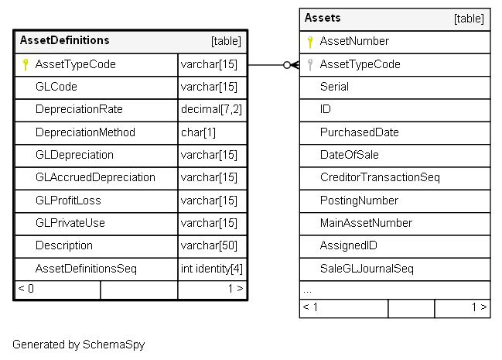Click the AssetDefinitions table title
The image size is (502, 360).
pos(65,40)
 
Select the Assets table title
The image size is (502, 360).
pos(323,18)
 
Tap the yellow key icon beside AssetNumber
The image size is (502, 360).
pos(310,42)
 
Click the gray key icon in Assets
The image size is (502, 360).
pos(310,65)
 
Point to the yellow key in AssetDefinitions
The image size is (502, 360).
pos(26,65)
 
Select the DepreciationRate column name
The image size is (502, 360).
pos(79,109)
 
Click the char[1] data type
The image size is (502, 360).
pos(198,132)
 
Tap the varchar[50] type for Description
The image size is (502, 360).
pos(209,245)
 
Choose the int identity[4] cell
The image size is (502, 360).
pos(212,269)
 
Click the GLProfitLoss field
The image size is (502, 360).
pos(68,201)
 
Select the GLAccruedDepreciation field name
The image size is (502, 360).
pos(95,177)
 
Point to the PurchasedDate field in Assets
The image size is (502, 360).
pos(359,132)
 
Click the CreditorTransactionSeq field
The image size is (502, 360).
pos(380,177)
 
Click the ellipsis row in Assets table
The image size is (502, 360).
pos(394,290)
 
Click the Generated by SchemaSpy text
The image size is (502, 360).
pos(78,345)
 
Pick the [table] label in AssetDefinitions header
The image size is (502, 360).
pos(226,41)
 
